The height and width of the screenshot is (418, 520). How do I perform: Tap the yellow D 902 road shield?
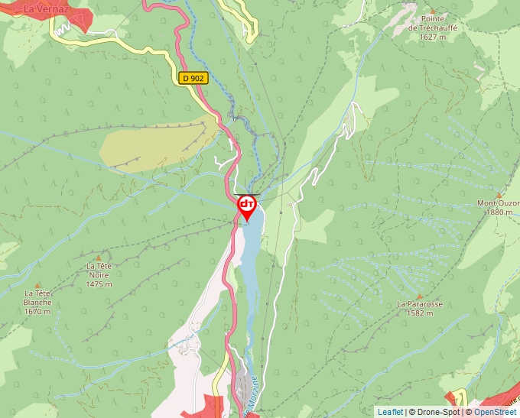click(x=194, y=78)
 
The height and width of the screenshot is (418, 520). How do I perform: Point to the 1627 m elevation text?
click(x=433, y=36)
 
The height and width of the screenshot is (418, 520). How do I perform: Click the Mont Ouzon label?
click(x=498, y=203)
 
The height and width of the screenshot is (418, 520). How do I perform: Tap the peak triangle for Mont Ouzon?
click(x=499, y=194)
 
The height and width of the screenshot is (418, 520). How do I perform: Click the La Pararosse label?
click(x=419, y=303)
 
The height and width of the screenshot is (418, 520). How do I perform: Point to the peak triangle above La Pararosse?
click(x=419, y=294)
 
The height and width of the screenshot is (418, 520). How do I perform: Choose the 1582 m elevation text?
click(x=419, y=313)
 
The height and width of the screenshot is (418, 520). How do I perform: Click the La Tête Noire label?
click(x=99, y=270)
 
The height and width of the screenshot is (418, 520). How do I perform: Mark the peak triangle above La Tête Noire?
click(x=99, y=256)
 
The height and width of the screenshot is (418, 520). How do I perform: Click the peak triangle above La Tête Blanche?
click(x=37, y=284)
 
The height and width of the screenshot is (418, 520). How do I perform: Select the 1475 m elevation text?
click(x=99, y=284)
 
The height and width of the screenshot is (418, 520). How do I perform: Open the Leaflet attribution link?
click(x=390, y=412)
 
